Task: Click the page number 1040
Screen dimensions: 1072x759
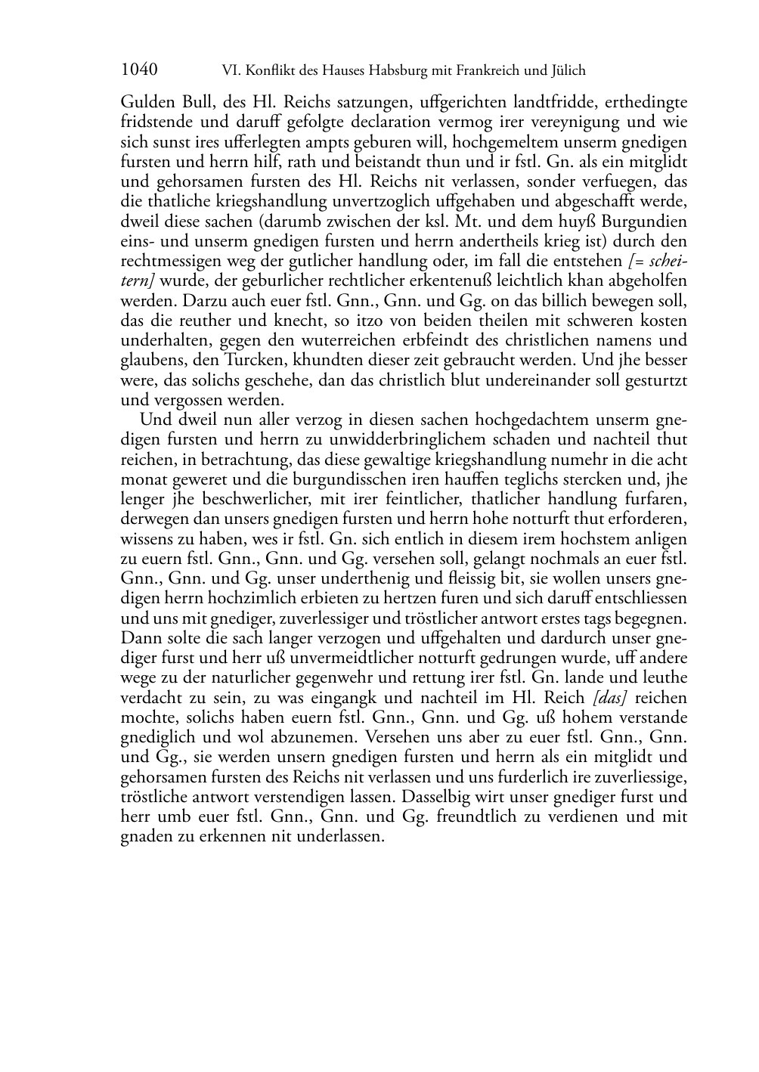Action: click(x=139, y=70)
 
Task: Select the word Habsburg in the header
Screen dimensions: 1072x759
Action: click(x=398, y=71)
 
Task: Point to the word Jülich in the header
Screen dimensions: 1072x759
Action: click(x=567, y=71)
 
